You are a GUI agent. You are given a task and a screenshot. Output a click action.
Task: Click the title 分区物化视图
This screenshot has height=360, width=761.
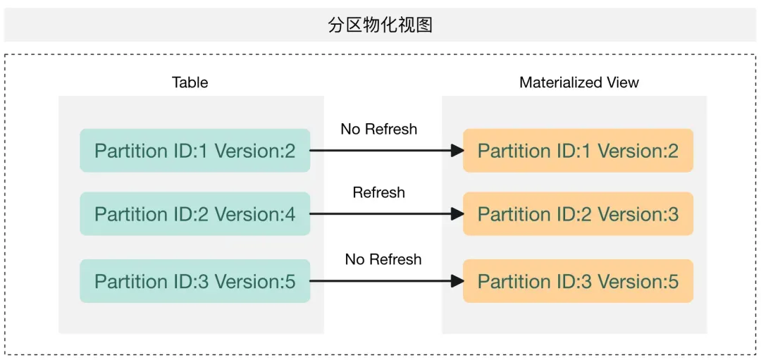[380, 25]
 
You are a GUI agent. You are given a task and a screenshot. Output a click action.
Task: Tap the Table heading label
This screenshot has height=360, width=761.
[190, 82]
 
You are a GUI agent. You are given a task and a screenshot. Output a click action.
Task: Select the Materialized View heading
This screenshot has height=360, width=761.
[579, 82]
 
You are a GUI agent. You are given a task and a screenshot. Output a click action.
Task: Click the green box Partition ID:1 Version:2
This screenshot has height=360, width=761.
[194, 151]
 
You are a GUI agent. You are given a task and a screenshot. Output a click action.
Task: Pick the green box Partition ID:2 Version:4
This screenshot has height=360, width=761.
[194, 214]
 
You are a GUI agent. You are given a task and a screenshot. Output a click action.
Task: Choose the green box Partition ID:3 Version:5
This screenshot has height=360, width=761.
[194, 281]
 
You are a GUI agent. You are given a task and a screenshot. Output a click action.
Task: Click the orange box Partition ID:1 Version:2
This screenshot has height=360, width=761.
[578, 151]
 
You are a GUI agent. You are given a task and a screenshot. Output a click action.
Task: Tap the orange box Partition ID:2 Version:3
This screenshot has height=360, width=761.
[578, 214]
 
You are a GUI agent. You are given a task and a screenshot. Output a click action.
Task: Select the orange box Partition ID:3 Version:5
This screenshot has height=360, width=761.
[578, 281]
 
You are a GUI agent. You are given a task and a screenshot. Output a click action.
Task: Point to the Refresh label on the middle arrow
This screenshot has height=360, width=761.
[378, 192]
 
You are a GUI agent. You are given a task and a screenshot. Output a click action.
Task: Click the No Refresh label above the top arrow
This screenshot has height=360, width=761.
[378, 129]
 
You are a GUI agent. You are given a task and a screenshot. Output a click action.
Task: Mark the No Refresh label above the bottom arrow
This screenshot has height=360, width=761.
[383, 259]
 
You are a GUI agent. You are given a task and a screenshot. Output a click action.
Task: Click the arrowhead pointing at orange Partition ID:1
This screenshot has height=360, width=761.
[457, 151]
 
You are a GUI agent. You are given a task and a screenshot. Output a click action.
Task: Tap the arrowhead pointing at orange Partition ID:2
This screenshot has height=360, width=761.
[457, 214]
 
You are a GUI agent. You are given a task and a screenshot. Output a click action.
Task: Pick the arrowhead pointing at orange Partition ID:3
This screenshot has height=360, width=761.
[457, 281]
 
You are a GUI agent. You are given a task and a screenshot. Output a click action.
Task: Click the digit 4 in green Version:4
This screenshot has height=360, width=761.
[290, 214]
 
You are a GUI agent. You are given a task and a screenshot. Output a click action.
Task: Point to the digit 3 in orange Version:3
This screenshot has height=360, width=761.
[673, 214]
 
